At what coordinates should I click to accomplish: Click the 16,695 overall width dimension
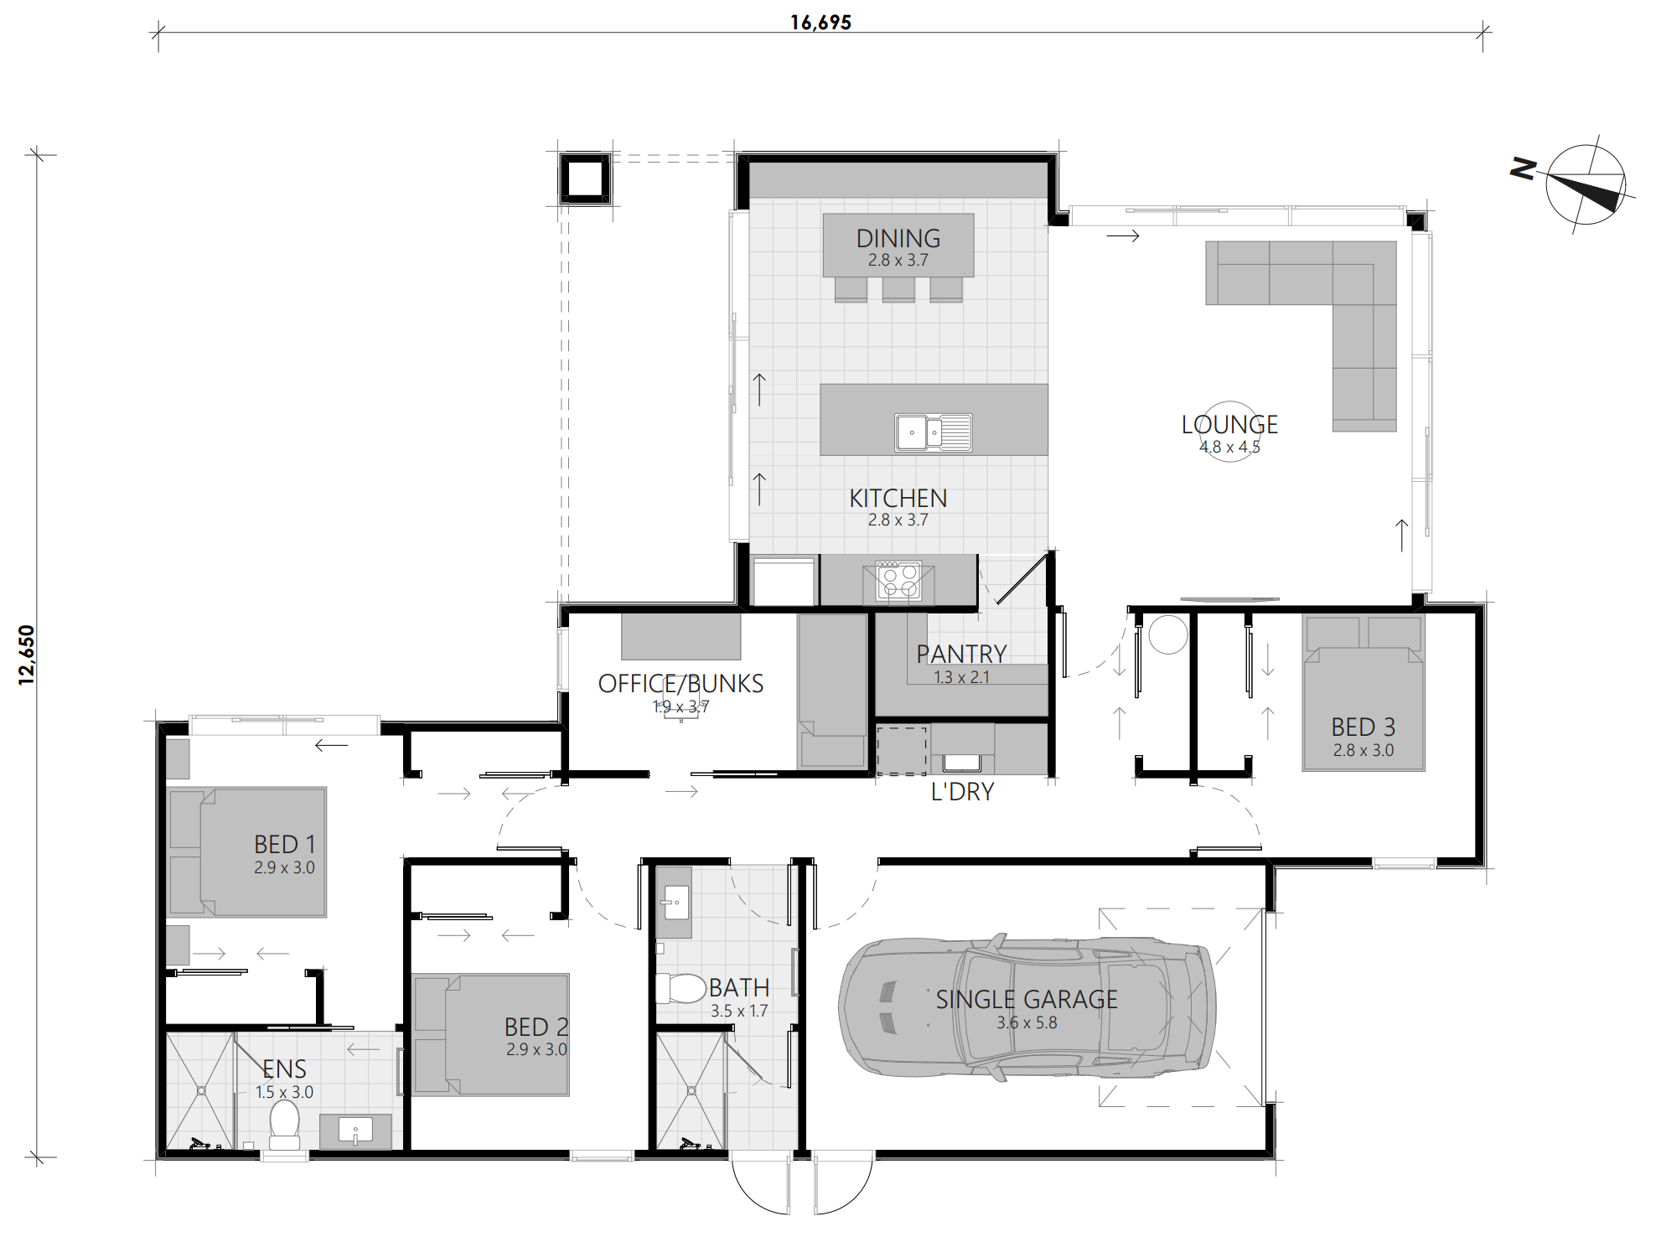(820, 23)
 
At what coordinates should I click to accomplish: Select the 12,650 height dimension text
(27, 655)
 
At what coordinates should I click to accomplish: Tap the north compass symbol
(1584, 184)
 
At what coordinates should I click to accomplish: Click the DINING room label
(898, 238)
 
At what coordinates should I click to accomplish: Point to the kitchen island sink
(933, 432)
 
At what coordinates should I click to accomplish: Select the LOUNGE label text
(1229, 425)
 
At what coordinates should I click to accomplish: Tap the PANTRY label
(961, 654)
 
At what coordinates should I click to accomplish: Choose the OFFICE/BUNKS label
(681, 684)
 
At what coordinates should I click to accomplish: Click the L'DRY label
(962, 791)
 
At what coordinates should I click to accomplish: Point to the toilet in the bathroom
(681, 989)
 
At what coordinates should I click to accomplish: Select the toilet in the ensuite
(284, 1125)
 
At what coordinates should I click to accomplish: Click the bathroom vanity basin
(674, 903)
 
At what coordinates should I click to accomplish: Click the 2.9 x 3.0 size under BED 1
(284, 867)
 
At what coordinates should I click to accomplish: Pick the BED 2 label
(536, 1027)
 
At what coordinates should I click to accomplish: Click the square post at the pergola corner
(585, 179)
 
